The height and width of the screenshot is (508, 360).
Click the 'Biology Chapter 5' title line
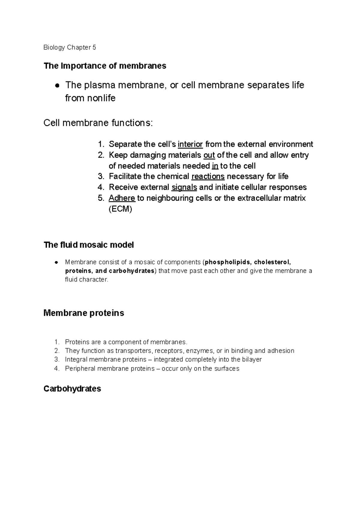click(x=70, y=47)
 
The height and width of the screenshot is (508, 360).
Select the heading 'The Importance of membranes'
click(x=105, y=66)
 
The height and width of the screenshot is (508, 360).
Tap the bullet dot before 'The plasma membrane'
click(x=56, y=86)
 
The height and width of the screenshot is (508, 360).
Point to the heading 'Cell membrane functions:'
click(x=98, y=123)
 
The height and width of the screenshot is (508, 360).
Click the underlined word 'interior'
click(x=190, y=144)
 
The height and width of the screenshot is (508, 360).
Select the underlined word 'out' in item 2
click(x=209, y=155)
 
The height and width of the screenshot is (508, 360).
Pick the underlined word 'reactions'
click(x=208, y=176)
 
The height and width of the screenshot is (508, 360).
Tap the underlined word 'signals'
click(x=184, y=187)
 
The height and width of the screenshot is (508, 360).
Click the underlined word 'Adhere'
click(x=122, y=198)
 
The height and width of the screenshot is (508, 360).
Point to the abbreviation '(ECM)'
click(x=120, y=209)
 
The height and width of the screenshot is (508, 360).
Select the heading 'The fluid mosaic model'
click(x=88, y=245)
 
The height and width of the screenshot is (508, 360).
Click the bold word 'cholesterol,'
click(x=272, y=262)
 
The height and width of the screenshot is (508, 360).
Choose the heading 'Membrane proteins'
click(x=84, y=313)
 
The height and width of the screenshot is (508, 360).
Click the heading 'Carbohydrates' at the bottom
click(x=72, y=389)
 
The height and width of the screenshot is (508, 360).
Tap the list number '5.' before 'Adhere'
click(x=101, y=198)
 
